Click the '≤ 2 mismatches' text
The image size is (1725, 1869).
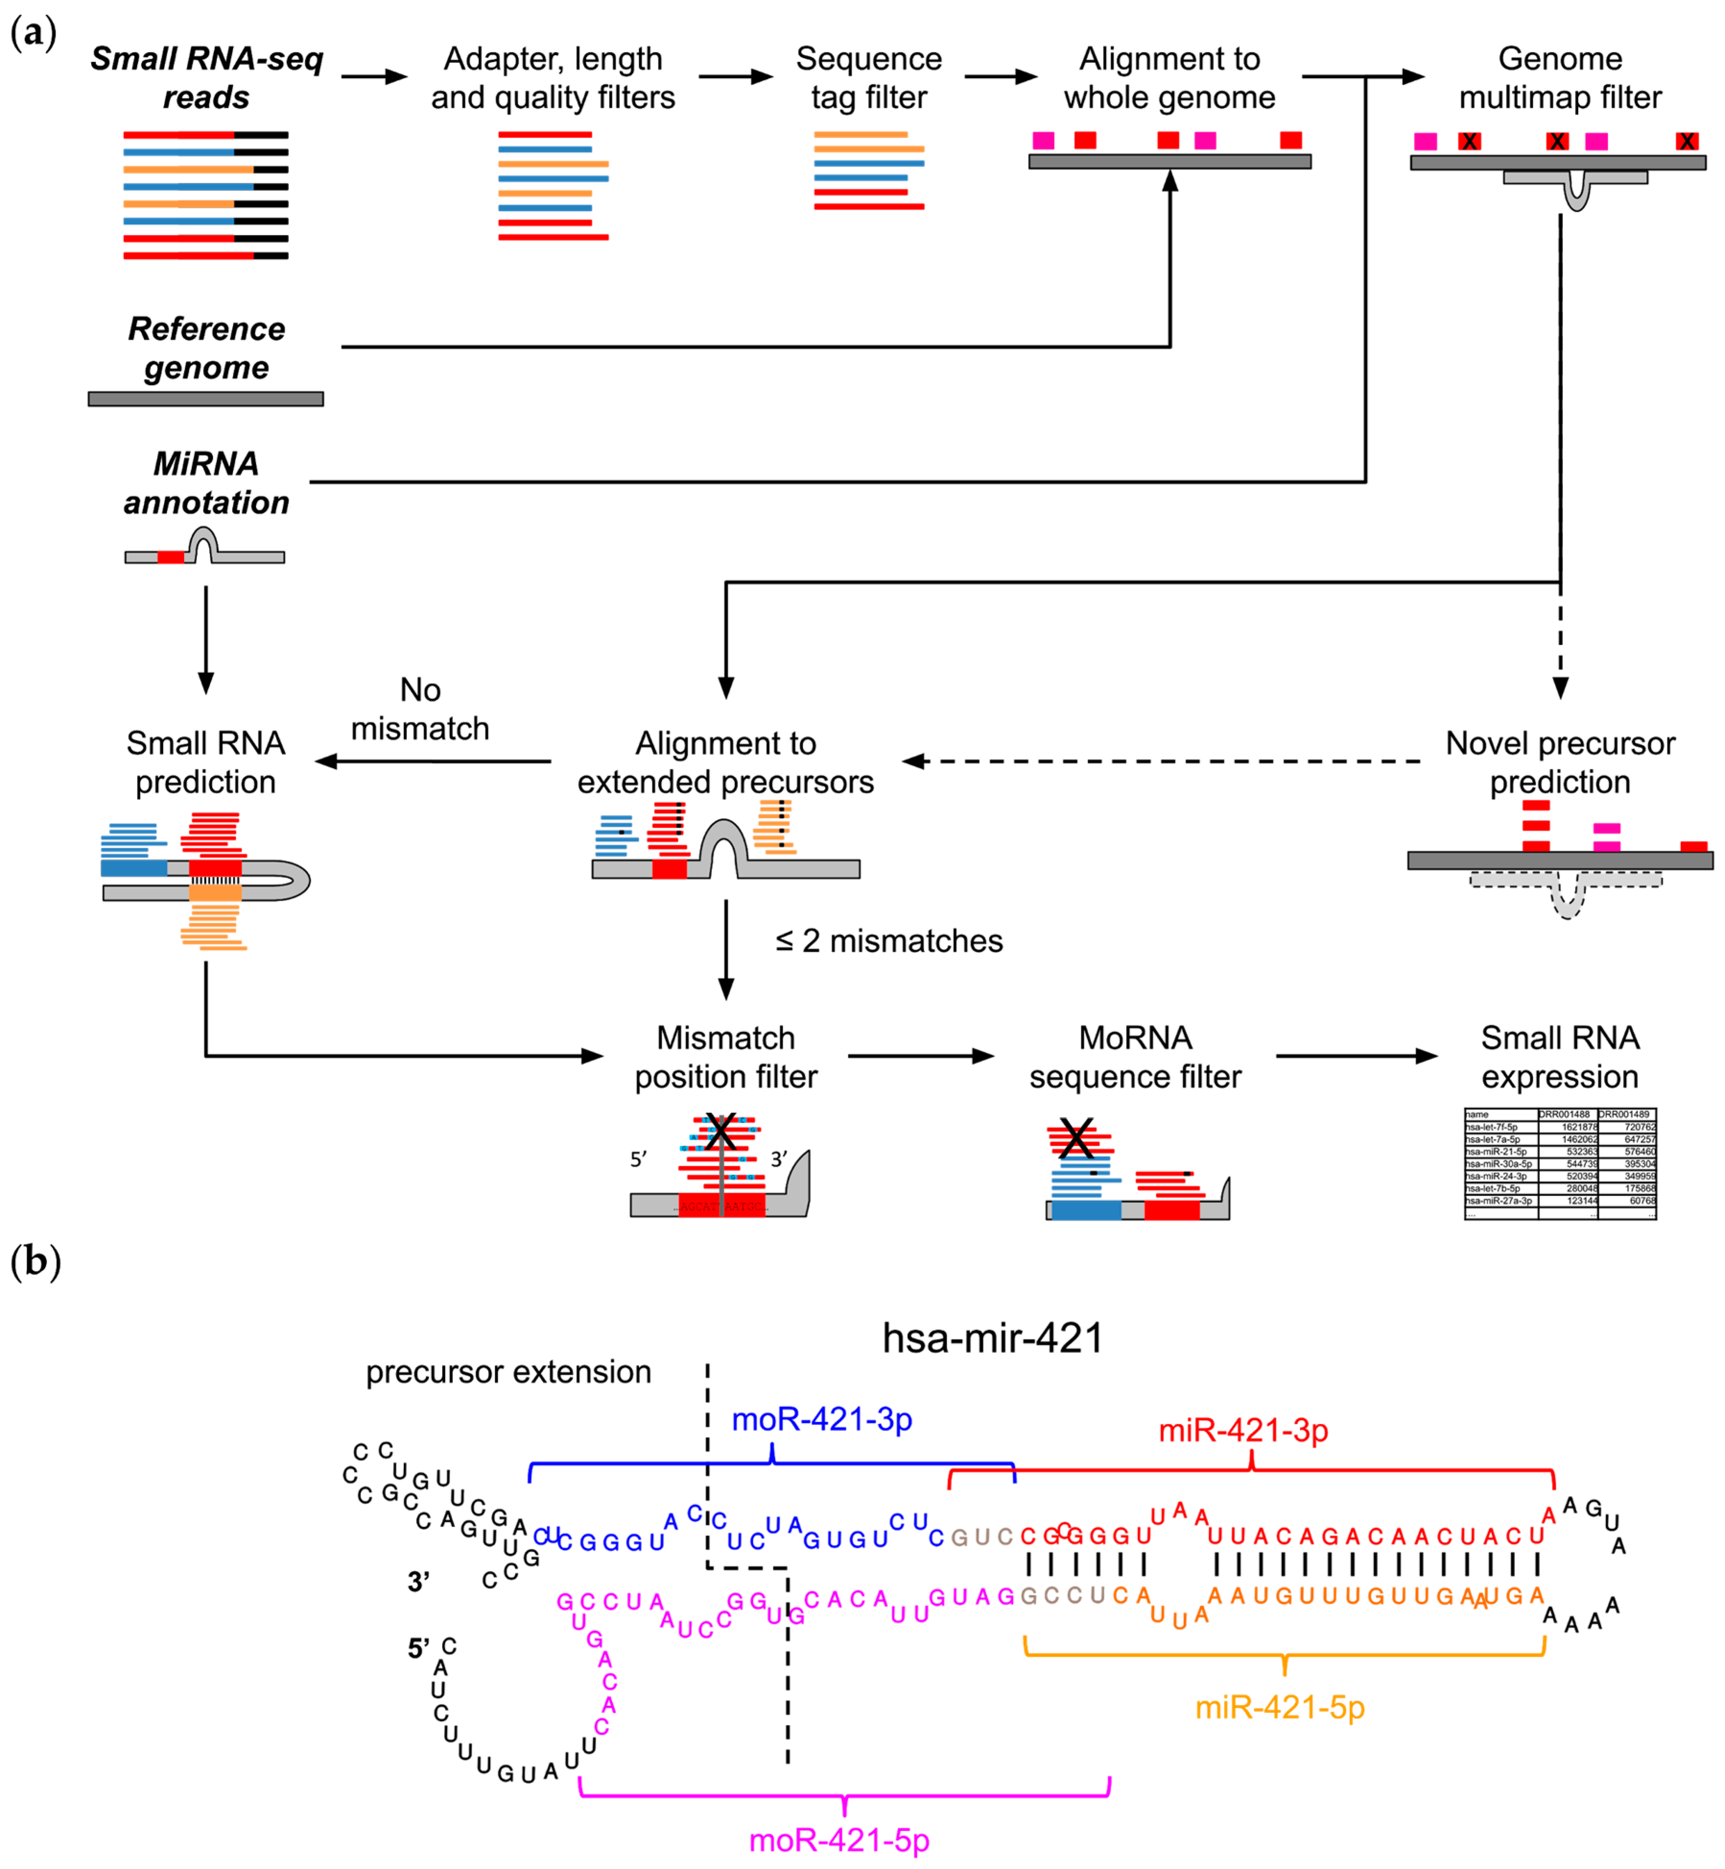889,941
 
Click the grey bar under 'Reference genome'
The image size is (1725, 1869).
205,399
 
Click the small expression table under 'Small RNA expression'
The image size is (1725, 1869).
1559,1163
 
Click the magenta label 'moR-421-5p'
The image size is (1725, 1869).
839,1840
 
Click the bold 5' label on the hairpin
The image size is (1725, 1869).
418,1649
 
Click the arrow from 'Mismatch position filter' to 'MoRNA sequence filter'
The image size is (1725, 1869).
919,1056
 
